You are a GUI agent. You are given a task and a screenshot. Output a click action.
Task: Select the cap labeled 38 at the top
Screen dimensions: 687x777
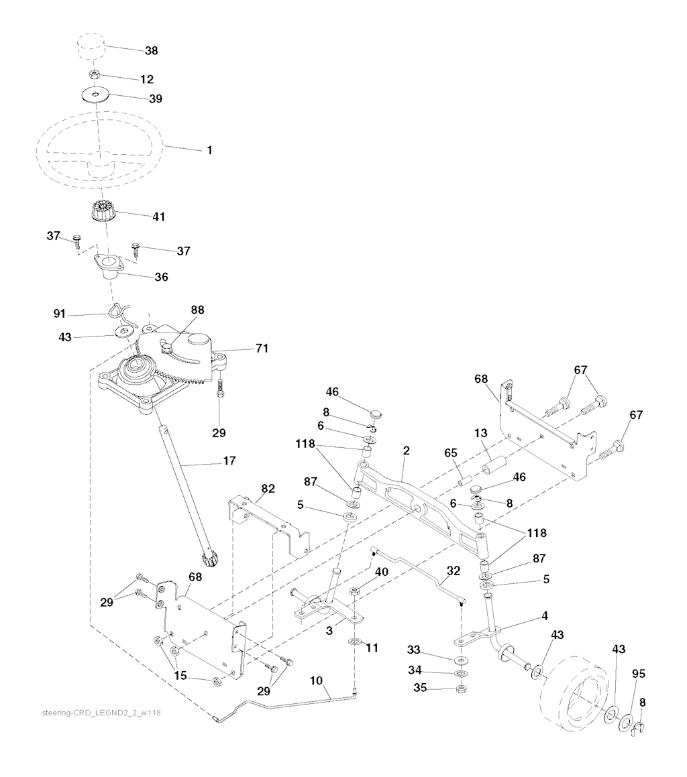pyautogui.click(x=91, y=46)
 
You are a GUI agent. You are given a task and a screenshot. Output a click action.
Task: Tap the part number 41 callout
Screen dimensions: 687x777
pyautogui.click(x=159, y=217)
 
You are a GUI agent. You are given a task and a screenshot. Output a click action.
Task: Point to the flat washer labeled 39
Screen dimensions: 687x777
pyautogui.click(x=96, y=94)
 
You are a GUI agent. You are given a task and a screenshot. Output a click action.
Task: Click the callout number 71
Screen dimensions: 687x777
pyautogui.click(x=262, y=349)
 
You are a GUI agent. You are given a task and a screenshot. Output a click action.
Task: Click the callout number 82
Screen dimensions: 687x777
pyautogui.click(x=268, y=489)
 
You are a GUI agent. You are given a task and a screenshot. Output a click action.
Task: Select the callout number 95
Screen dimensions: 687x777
pyautogui.click(x=639, y=674)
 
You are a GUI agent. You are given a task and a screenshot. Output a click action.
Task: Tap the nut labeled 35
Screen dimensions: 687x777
pyautogui.click(x=462, y=689)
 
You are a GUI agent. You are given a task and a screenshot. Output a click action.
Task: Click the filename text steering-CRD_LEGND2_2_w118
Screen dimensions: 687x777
pyautogui.click(x=101, y=713)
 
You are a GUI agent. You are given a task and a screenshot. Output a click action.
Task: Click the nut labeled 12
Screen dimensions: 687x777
pyautogui.click(x=94, y=75)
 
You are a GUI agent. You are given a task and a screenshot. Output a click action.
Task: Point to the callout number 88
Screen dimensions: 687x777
pyautogui.click(x=197, y=310)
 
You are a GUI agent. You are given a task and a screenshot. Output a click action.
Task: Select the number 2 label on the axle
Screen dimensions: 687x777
pyautogui.click(x=407, y=451)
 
